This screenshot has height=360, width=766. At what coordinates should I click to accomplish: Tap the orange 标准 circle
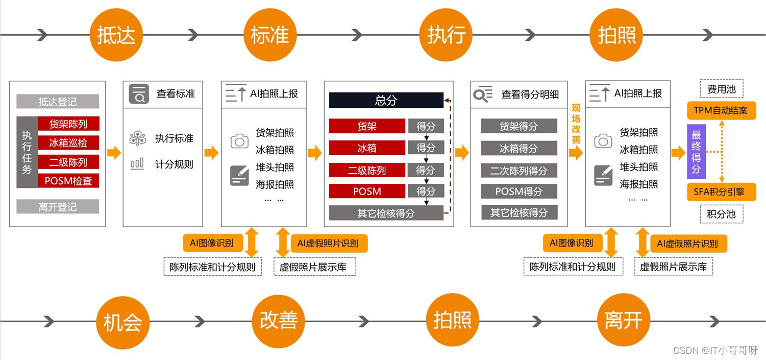click(269, 35)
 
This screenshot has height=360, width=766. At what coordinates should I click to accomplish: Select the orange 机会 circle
click(122, 322)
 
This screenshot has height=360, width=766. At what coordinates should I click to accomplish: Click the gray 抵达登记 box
click(57, 102)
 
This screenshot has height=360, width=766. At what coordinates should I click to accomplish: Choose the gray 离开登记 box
click(57, 207)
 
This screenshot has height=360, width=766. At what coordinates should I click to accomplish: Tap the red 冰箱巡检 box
click(68, 143)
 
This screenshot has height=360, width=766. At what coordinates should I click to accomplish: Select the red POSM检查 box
click(68, 181)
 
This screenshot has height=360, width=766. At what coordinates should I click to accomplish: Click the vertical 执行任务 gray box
click(27, 152)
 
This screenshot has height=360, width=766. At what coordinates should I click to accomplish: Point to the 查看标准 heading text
click(175, 94)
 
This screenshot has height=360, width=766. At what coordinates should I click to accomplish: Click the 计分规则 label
click(174, 164)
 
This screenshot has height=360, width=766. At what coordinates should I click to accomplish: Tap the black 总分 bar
click(386, 100)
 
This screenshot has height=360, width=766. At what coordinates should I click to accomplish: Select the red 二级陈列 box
click(367, 170)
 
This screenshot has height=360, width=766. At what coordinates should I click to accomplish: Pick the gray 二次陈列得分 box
click(518, 171)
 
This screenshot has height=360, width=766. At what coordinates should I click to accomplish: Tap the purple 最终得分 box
click(696, 152)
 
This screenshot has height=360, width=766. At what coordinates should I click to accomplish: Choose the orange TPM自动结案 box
click(721, 110)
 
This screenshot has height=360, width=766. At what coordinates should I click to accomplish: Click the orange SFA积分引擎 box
click(721, 193)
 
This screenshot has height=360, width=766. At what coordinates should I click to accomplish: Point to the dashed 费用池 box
click(721, 89)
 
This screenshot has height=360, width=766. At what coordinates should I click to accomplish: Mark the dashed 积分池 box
click(721, 214)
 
